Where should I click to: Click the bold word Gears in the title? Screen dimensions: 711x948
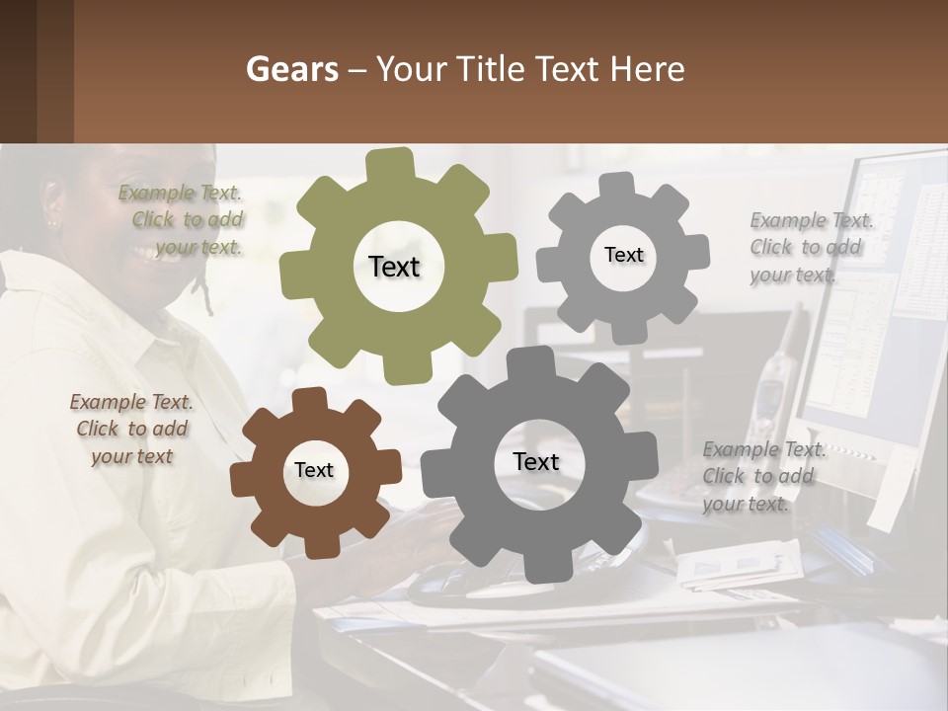pyautogui.click(x=291, y=70)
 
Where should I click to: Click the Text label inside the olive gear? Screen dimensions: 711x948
pyautogui.click(x=394, y=267)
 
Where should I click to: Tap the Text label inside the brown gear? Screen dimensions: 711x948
pyautogui.click(x=314, y=471)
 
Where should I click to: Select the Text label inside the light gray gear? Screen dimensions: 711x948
pyautogui.click(x=623, y=255)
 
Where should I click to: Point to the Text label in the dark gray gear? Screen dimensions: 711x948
pyautogui.click(x=536, y=462)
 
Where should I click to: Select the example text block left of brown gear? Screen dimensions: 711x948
pyautogui.click(x=131, y=430)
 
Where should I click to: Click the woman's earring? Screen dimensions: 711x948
pyautogui.click(x=52, y=223)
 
